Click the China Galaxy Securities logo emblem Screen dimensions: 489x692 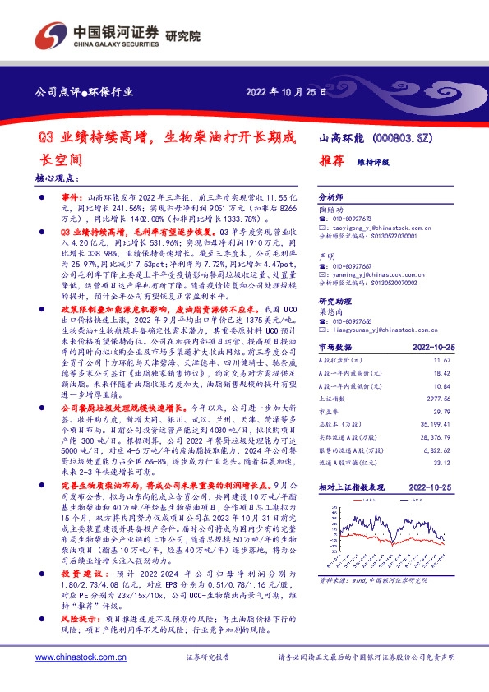pyautogui.click(x=46, y=34)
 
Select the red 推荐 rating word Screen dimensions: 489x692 pyautogui.click(x=330, y=162)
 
